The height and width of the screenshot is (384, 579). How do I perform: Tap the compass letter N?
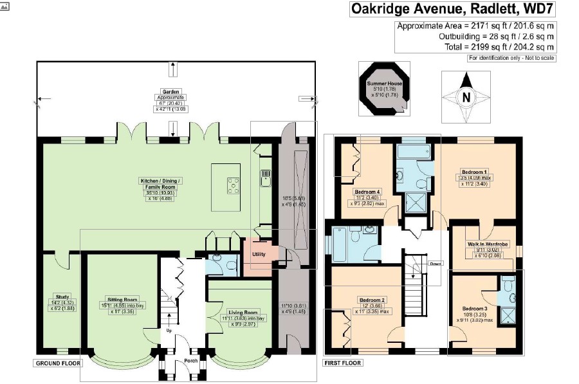pos(466,97)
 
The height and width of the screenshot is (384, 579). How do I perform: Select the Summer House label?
pos(383,84)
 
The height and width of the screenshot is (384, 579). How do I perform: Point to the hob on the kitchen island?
pos(233,186)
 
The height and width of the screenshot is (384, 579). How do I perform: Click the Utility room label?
pos(259,254)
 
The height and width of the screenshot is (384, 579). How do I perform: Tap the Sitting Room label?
pos(122,300)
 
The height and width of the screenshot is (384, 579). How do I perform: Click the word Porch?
pos(192,360)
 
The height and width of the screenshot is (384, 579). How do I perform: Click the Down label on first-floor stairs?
pos(435,263)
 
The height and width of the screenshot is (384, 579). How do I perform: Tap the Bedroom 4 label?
pos(370,192)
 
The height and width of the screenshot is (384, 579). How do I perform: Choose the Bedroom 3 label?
pos(475,309)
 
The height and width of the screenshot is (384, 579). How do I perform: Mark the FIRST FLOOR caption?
pos(342,363)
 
